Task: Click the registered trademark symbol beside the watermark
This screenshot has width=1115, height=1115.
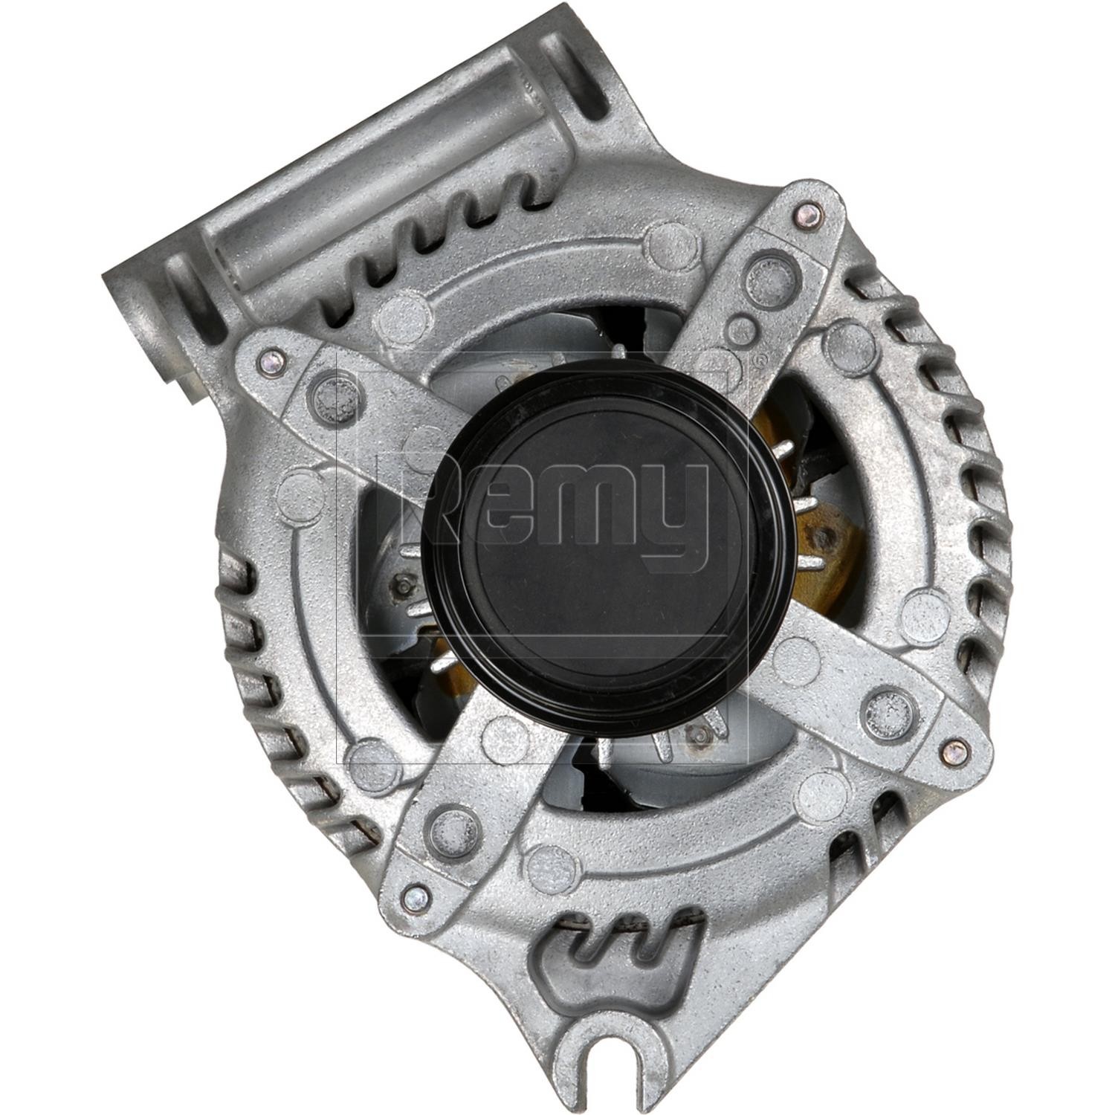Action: coord(757,361)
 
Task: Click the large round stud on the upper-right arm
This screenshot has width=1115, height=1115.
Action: coord(766,279)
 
